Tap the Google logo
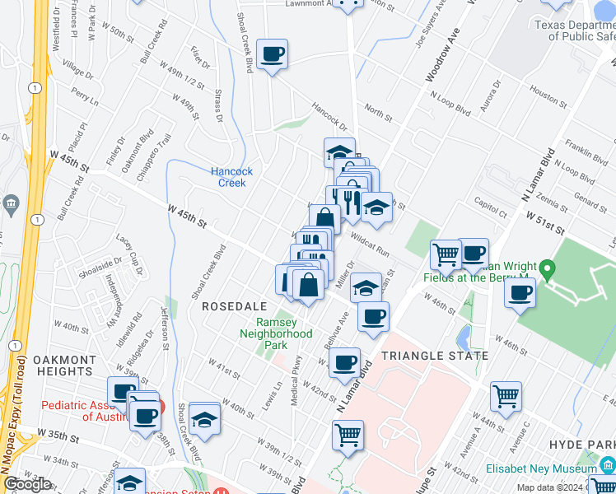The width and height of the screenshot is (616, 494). click(x=27, y=485)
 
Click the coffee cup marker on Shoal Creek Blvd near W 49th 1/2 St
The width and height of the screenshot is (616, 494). click(x=272, y=55)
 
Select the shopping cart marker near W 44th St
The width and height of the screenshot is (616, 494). click(x=506, y=396)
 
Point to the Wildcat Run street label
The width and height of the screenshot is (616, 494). click(x=369, y=244)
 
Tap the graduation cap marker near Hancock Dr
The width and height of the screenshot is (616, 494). click(x=338, y=151)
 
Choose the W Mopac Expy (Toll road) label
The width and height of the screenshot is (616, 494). click(x=17, y=387)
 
